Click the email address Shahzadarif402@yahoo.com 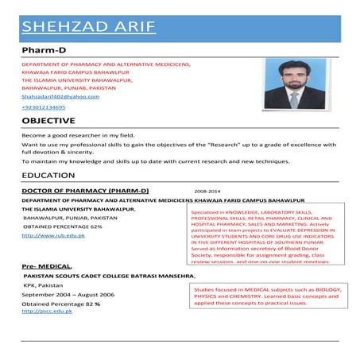(x=60, y=96)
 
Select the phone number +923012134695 (x=44, y=106)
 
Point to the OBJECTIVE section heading (x=48, y=121)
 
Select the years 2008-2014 (x=208, y=192)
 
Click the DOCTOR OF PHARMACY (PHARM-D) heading (x=85, y=192)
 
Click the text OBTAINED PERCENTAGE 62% (x=63, y=226)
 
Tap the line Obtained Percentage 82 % (x=60, y=304)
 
